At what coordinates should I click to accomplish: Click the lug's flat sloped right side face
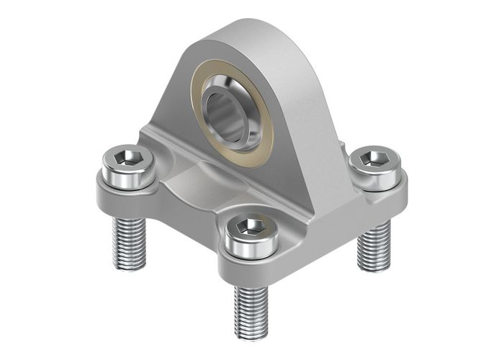click(x=310, y=122)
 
